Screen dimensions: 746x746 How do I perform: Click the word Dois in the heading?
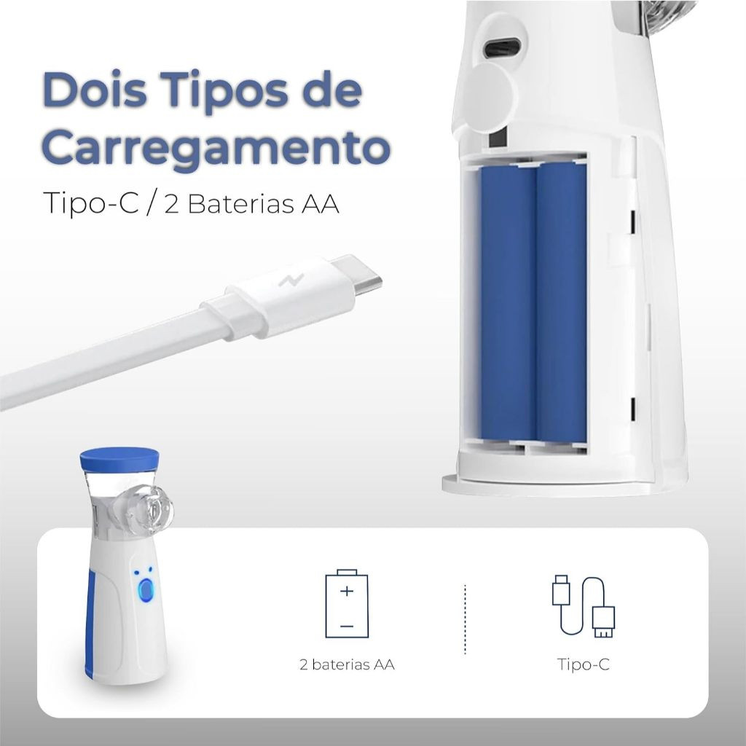[x=95, y=90]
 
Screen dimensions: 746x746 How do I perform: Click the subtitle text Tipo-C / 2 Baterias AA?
[x=191, y=203]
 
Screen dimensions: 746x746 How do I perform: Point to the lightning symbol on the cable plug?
[x=291, y=280]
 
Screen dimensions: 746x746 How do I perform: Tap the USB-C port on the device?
[x=503, y=49]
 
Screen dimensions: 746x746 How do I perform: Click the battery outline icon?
[x=347, y=603]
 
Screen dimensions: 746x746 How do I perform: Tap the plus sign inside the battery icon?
[x=347, y=591]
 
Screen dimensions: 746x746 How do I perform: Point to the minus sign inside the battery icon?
[x=347, y=626]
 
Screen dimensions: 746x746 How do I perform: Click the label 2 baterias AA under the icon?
[x=347, y=664]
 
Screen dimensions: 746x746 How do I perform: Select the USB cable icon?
[x=584, y=606]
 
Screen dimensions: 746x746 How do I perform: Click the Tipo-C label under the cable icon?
[x=584, y=664]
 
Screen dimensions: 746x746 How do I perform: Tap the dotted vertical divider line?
[x=465, y=619]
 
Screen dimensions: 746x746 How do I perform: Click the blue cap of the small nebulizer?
[x=119, y=458]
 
